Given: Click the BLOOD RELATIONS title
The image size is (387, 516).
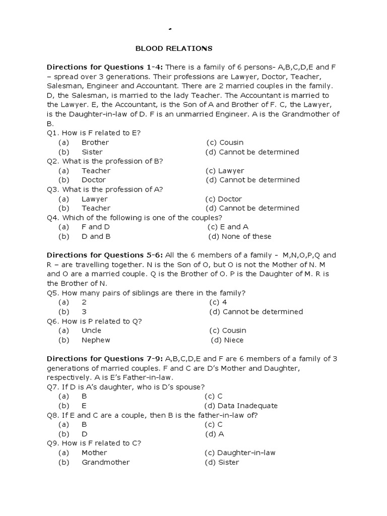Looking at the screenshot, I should [x=174, y=48].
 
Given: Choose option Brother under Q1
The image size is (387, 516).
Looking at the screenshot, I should [x=95, y=143].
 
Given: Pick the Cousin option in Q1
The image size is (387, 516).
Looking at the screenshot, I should [x=231, y=143].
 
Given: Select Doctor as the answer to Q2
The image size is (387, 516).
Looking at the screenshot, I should [x=94, y=180].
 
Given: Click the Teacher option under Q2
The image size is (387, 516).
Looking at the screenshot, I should [x=96, y=171].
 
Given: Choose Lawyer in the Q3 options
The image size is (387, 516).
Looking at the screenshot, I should [x=94, y=199].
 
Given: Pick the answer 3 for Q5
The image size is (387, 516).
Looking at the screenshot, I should [x=84, y=312].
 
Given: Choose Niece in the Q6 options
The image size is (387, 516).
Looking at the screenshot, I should [x=233, y=340].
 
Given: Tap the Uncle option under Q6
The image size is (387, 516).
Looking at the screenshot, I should [x=91, y=331].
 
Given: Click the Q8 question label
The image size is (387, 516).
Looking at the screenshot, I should [x=53, y=415].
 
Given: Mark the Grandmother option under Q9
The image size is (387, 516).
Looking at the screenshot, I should [x=105, y=462].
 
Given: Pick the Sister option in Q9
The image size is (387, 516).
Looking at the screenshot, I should [x=228, y=462].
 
